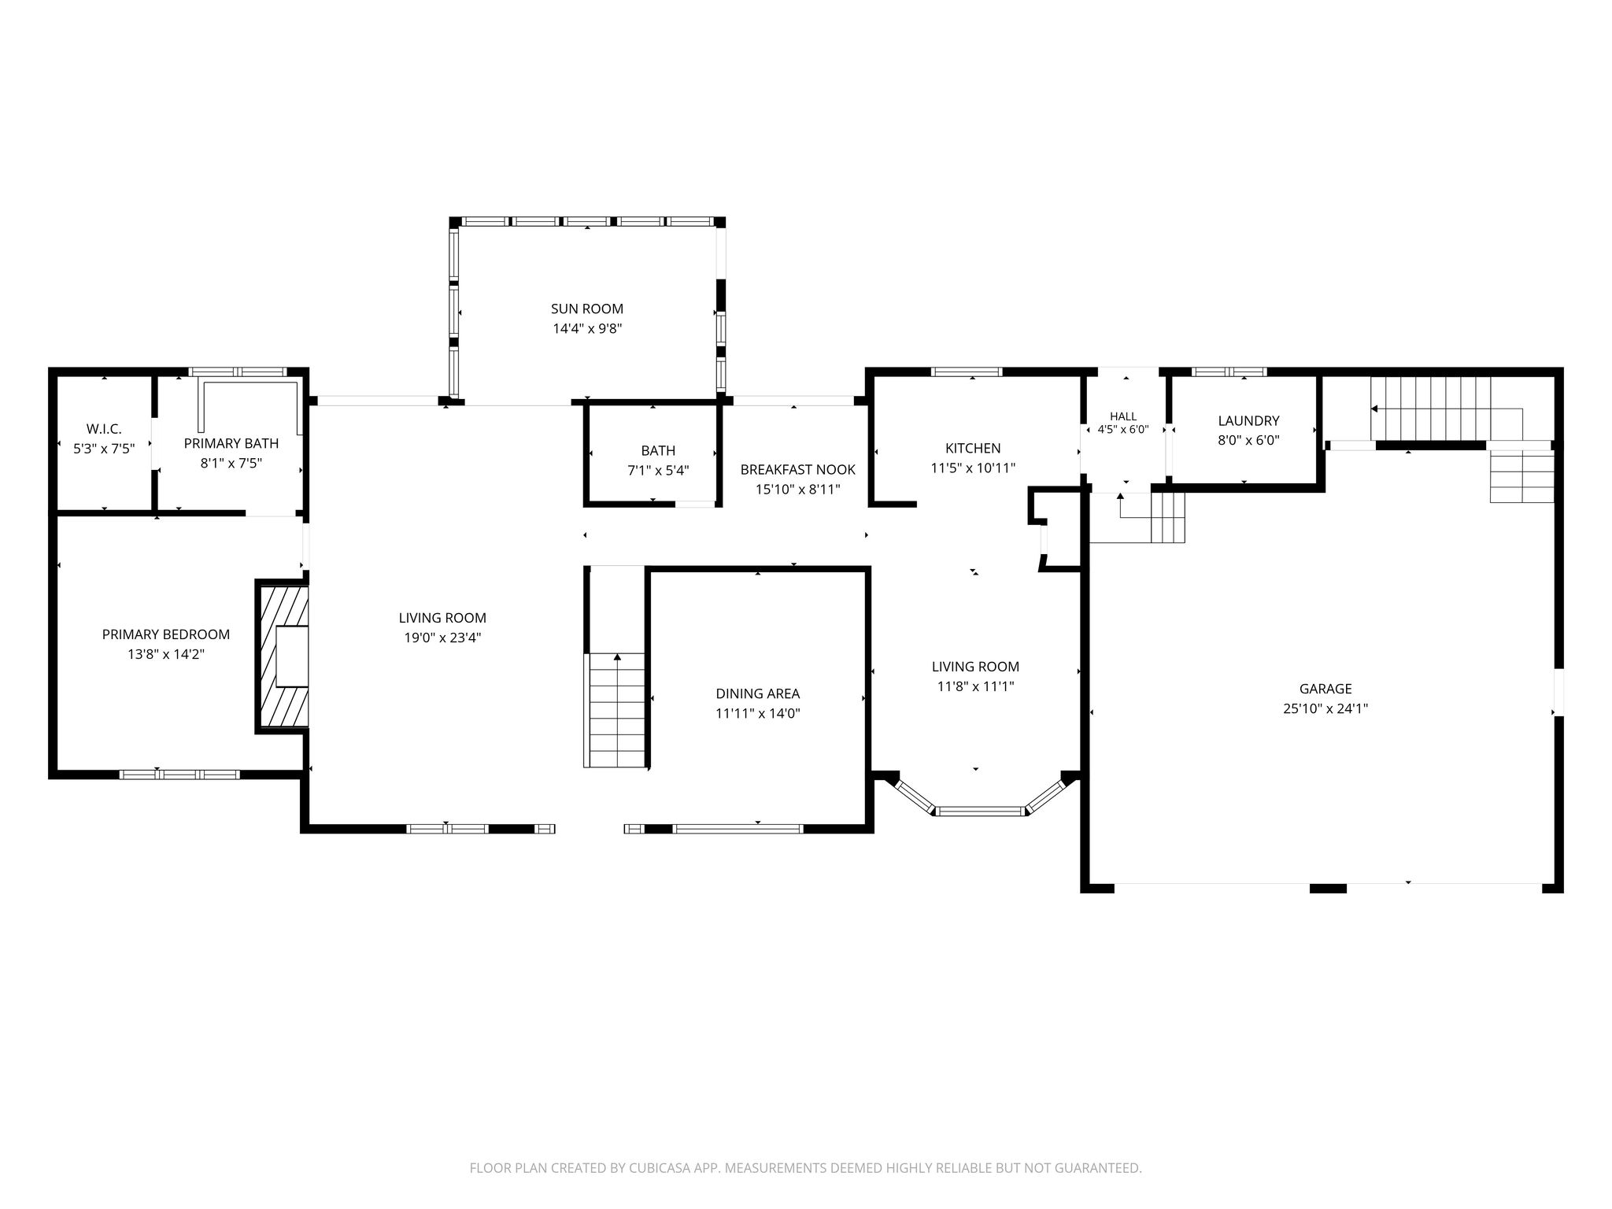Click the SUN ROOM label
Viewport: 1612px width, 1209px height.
pyautogui.click(x=586, y=309)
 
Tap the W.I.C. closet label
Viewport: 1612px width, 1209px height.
pyautogui.click(x=104, y=429)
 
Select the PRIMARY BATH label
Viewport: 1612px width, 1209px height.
pyautogui.click(x=231, y=443)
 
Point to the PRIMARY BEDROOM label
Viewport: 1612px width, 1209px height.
pyautogui.click(x=166, y=634)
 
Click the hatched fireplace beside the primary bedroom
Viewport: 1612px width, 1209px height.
pyautogui.click(x=283, y=656)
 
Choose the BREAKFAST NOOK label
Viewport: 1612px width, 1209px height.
pyautogui.click(x=797, y=470)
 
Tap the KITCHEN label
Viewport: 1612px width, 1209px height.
pyautogui.click(x=973, y=448)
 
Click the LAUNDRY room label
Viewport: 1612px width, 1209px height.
pyautogui.click(x=1248, y=421)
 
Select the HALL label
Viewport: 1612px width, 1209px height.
pyautogui.click(x=1123, y=416)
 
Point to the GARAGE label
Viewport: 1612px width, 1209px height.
pyautogui.click(x=1325, y=689)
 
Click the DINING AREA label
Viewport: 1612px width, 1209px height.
pyautogui.click(x=757, y=693)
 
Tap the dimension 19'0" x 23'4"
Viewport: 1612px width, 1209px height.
pyautogui.click(x=442, y=638)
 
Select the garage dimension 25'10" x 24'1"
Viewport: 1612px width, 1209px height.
pyautogui.click(x=1325, y=708)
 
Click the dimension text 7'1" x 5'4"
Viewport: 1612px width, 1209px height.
pyautogui.click(x=658, y=471)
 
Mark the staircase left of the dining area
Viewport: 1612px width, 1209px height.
pyautogui.click(x=615, y=710)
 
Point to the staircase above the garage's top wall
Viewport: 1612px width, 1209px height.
pyautogui.click(x=1431, y=409)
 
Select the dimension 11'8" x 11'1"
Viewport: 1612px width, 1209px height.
pyautogui.click(x=975, y=686)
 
